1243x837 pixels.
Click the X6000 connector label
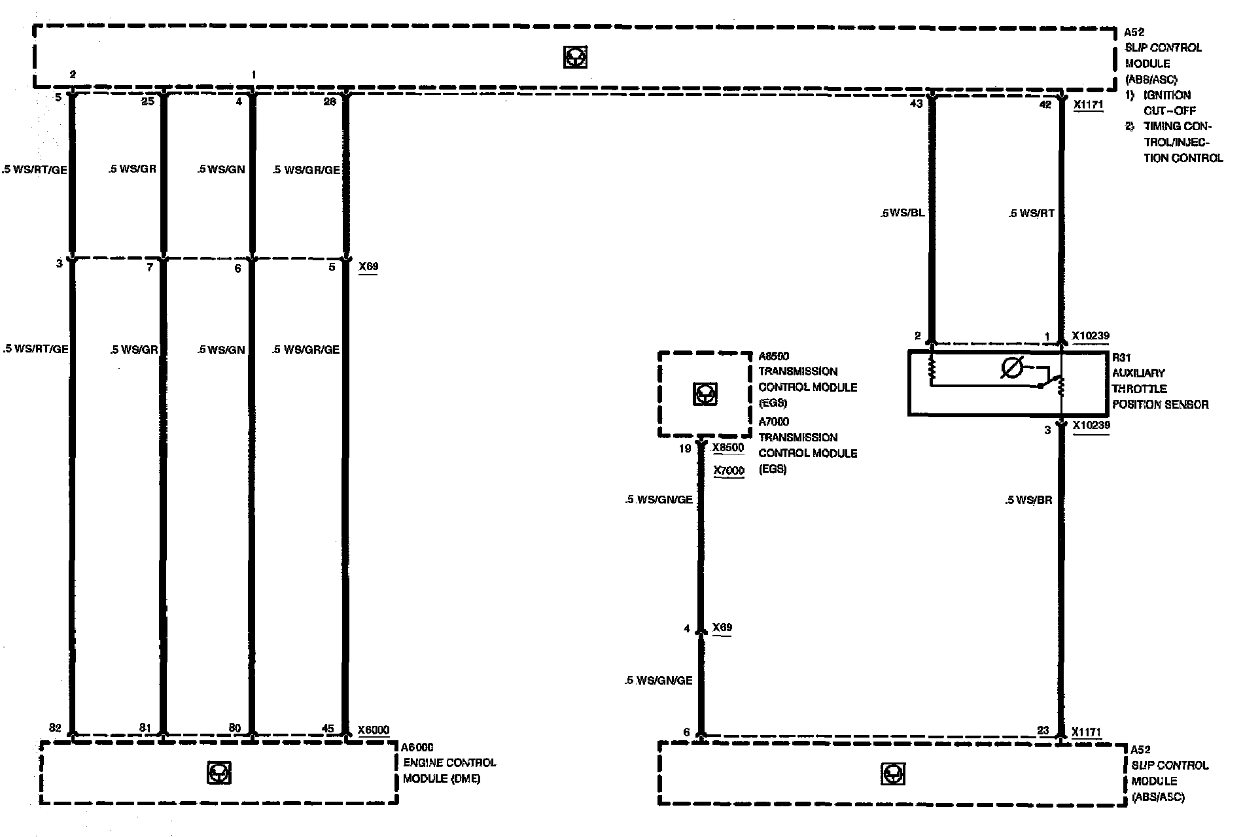pos(374,730)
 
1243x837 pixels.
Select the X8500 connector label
pos(728,448)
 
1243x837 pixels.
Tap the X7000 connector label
pos(728,471)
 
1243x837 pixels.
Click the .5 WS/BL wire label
pos(903,213)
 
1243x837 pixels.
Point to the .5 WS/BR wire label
pos(1028,500)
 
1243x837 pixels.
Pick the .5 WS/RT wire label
pos(1031,213)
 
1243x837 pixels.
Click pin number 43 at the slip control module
pos(916,103)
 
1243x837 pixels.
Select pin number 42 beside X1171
pos(1045,103)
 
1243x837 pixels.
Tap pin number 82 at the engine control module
pos(55,728)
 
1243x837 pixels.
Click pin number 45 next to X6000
pos(328,728)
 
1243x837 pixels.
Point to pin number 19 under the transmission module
pos(684,449)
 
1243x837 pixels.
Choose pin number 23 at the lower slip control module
pos(1043,731)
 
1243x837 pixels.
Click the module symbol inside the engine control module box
pos(219,773)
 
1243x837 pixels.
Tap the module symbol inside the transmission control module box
pos(705,394)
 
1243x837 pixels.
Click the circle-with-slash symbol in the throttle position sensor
pos(1012,369)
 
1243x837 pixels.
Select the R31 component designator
pos(1121,358)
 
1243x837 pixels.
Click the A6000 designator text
pos(417,747)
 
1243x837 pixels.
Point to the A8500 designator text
pos(774,356)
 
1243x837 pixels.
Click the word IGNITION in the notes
pos(1167,95)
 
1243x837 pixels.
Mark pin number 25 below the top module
pos(148,101)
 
